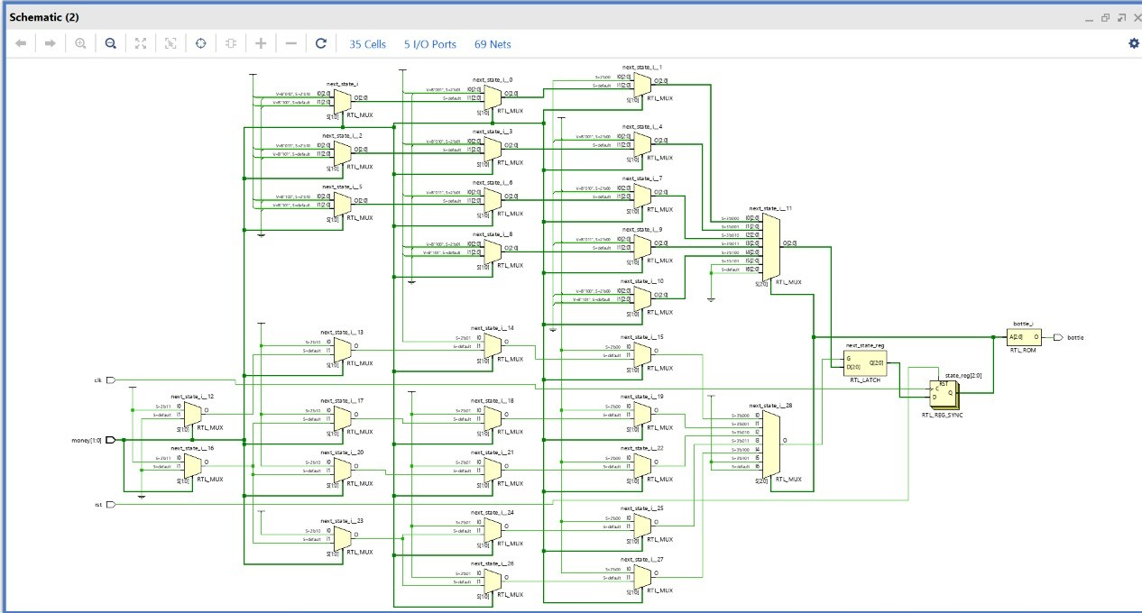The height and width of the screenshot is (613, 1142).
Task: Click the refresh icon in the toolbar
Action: [x=321, y=43]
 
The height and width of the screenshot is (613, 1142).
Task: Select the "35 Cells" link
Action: [x=367, y=44]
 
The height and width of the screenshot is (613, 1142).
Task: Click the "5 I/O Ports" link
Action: [x=429, y=44]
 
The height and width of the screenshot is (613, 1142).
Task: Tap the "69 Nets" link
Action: [x=493, y=44]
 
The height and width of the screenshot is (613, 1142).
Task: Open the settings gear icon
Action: [x=1134, y=43]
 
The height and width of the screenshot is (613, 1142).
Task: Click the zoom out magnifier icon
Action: [x=110, y=43]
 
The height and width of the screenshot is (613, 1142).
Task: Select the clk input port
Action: [x=111, y=380]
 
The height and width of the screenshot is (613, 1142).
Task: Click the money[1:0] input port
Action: [x=111, y=440]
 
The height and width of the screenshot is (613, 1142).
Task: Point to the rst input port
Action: [x=111, y=505]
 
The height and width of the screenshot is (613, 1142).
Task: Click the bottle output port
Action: [x=1057, y=338]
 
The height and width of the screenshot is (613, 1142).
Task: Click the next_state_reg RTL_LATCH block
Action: [x=864, y=363]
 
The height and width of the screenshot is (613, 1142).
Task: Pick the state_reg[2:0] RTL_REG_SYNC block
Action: [x=944, y=394]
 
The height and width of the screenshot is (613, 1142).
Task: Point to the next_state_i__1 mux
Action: [x=641, y=83]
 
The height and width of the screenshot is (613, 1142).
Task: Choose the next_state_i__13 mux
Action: [x=342, y=348]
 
